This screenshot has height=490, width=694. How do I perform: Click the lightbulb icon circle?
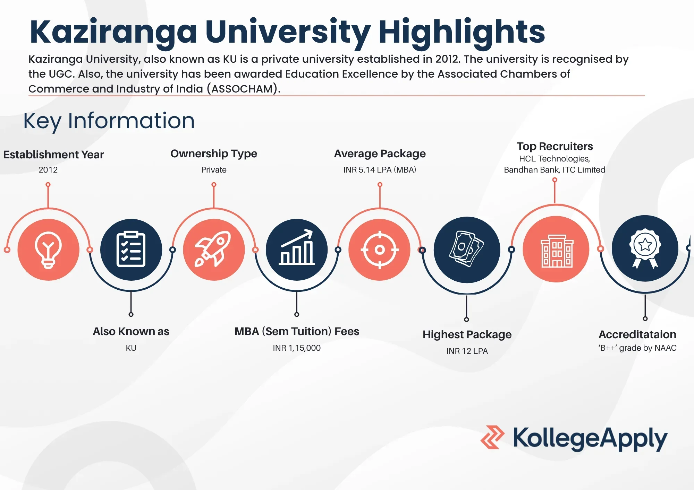coord(48,250)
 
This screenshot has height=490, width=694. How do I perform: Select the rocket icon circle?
coord(214,250)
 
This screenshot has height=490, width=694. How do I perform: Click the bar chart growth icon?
coord(297,247)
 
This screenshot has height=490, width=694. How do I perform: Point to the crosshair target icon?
coord(380,250)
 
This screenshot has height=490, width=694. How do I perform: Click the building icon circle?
coord(556,249)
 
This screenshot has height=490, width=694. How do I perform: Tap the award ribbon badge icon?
coord(645,248)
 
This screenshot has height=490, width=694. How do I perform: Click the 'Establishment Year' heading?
coord(53,155)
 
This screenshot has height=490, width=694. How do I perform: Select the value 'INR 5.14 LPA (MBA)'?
coord(380,170)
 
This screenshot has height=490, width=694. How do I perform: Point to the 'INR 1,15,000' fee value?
coord(297,348)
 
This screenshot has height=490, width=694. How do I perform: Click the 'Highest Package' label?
coord(467,335)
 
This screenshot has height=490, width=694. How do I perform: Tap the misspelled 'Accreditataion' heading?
coord(637,334)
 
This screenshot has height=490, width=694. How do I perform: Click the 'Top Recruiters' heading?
coord(555,146)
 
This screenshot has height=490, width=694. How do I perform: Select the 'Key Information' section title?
coord(109,121)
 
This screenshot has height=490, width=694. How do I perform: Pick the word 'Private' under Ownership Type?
coord(214,170)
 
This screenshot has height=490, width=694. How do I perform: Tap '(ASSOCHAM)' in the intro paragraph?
coord(244,89)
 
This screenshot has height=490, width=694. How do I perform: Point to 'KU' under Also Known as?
coord(131,348)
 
